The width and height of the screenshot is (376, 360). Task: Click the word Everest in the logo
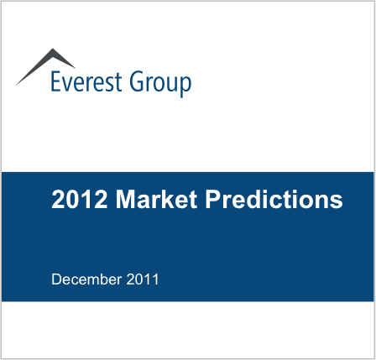pos(86,81)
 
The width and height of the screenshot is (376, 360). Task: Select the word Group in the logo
pos(160,84)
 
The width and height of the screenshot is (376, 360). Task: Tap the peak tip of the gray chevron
pos(52,49)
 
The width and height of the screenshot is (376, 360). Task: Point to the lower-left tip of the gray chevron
pos(16,85)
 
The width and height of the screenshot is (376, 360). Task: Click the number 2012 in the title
pos(80,199)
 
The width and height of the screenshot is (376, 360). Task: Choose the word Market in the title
pos(156,199)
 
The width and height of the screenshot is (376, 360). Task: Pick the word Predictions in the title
pos(274,199)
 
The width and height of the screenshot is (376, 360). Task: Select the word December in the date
pos(86,279)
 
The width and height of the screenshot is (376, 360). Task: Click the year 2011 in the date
pos(143,279)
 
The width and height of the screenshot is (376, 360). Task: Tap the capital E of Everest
pos(56,81)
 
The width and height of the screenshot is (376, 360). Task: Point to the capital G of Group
pos(137,81)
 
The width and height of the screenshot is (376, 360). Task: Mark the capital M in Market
pos(124,199)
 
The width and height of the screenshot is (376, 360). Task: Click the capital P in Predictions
pos(213,199)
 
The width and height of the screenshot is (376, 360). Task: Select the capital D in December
pos(56,279)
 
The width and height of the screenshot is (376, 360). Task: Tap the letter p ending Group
pos(185,87)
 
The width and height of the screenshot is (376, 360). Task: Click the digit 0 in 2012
pos(72,199)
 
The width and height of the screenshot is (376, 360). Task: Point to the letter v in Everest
pos(67,85)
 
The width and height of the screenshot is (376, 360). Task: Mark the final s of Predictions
pos(337,201)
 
